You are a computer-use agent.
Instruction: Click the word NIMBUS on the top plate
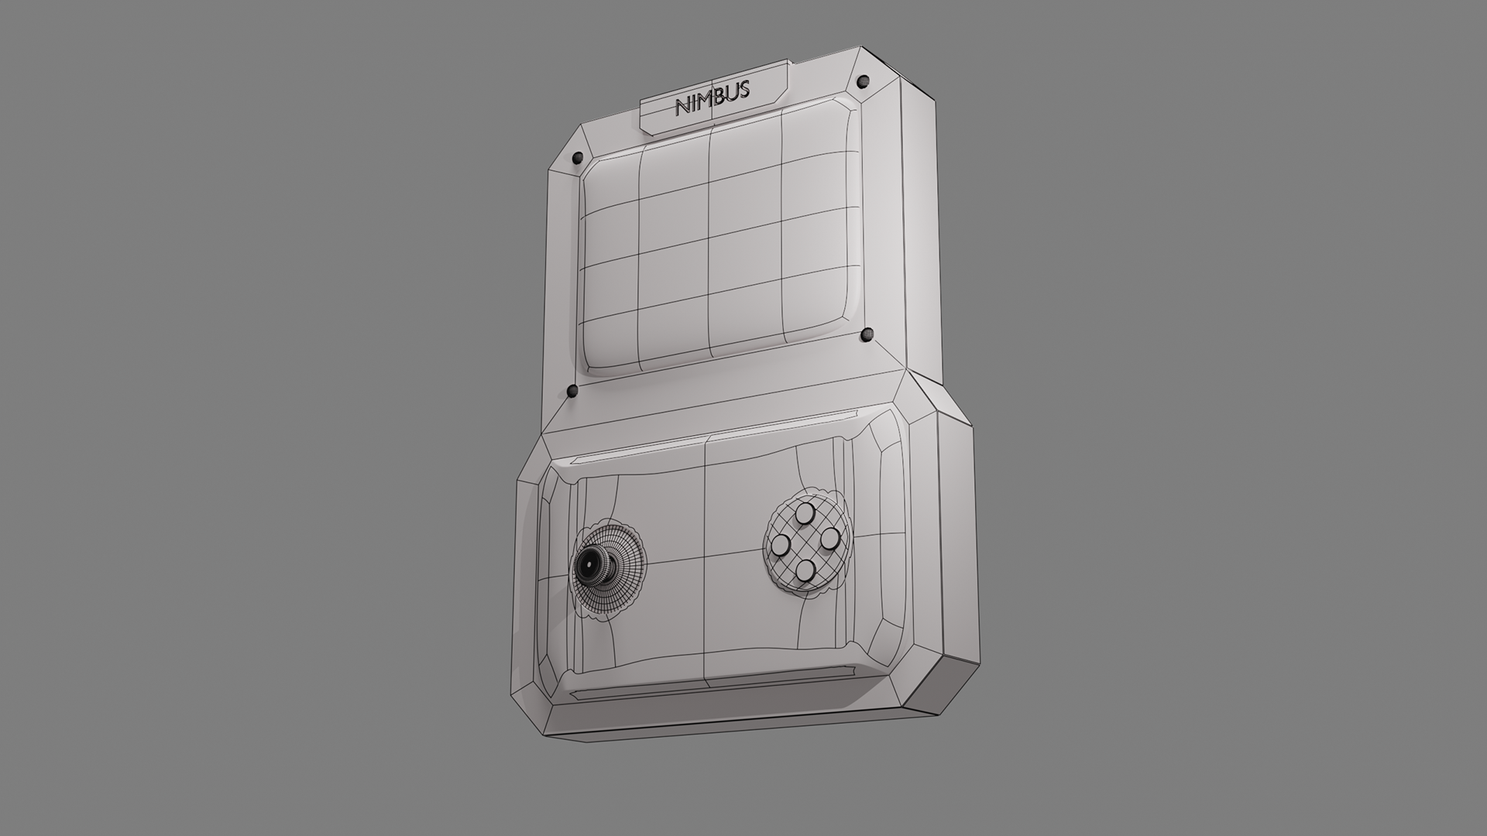[x=713, y=97]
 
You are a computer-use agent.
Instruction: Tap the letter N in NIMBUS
[x=683, y=107]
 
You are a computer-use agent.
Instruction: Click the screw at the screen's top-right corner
[x=863, y=81]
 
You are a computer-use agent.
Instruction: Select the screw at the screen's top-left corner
[x=576, y=158]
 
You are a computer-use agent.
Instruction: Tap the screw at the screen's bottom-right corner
[x=867, y=335]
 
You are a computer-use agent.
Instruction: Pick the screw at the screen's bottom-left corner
[x=572, y=391]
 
